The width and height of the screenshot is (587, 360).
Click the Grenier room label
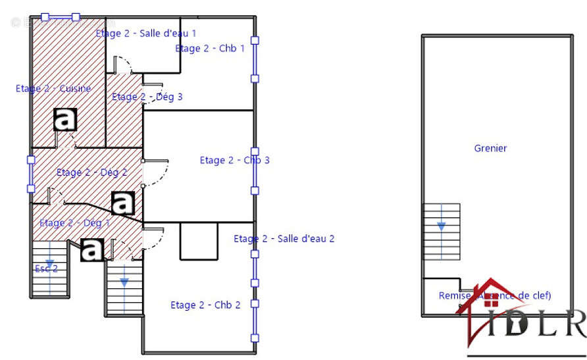490,149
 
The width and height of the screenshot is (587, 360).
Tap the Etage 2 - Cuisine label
53,89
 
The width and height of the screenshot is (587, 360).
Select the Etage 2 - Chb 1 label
210,49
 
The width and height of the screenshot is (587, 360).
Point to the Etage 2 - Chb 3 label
234,161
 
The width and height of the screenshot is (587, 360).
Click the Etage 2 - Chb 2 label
205,305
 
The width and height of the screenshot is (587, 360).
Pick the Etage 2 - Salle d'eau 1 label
145,33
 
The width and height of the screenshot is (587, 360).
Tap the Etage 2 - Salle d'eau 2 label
284,239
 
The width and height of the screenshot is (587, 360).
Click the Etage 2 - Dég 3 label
147,97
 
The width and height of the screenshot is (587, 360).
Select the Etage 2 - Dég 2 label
91,173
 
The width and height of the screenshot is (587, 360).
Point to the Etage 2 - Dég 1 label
74,223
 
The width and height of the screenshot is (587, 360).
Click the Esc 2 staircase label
45,269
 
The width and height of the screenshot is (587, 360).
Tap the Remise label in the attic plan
454,296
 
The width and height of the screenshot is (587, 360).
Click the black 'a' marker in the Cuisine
65,120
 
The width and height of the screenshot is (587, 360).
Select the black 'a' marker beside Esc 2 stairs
93,249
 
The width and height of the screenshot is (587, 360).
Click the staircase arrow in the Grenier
441,225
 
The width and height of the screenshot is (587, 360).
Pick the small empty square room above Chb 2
199,241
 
